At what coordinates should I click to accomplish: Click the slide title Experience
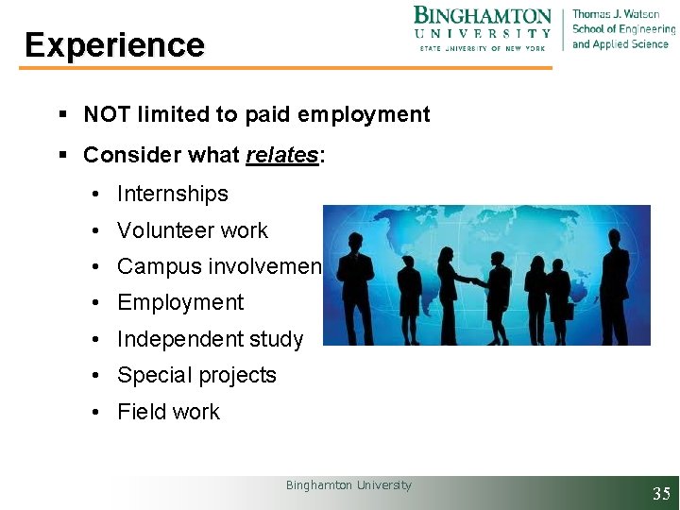(114, 45)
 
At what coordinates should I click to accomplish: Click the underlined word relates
(281, 155)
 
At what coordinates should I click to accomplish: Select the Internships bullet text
(173, 195)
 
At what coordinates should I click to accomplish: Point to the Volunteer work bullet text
(193, 230)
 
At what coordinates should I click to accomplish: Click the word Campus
(152, 266)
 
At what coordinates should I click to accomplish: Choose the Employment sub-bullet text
(180, 303)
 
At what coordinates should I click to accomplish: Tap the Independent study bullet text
(210, 339)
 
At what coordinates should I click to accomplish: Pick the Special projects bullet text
(196, 375)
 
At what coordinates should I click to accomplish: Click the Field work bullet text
(168, 412)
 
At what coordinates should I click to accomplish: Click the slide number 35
(661, 493)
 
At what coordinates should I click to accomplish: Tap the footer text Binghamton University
(348, 485)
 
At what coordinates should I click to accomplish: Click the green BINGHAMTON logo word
(482, 16)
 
